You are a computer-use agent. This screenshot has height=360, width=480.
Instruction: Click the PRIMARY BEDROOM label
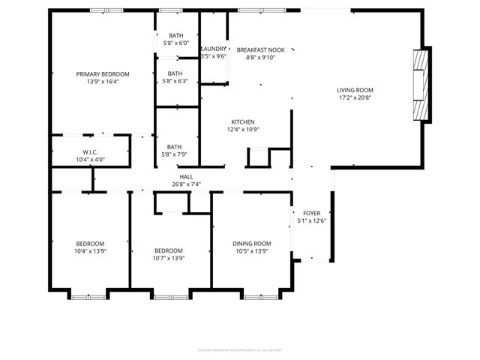click(x=103, y=74)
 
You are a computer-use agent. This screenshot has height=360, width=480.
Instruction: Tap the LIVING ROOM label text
click(x=354, y=89)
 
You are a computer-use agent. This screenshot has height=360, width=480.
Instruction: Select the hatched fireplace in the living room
click(x=423, y=85)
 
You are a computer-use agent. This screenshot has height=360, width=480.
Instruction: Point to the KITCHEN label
click(x=243, y=122)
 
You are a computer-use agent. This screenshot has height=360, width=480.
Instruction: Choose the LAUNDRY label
click(x=214, y=49)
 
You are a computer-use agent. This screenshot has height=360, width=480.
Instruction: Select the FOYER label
click(x=312, y=213)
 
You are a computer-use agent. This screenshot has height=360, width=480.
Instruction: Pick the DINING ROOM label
click(x=251, y=244)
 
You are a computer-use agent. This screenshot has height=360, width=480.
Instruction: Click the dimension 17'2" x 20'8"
click(x=354, y=97)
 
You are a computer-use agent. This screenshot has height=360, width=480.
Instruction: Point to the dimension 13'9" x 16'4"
click(x=103, y=82)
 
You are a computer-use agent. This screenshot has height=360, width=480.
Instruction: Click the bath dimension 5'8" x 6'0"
click(x=176, y=43)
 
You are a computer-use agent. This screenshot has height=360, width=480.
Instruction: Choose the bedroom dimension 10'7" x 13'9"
click(x=169, y=258)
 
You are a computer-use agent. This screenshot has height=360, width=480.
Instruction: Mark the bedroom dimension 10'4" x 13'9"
click(x=90, y=251)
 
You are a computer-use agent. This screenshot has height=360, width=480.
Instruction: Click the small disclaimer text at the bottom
click(x=239, y=349)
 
